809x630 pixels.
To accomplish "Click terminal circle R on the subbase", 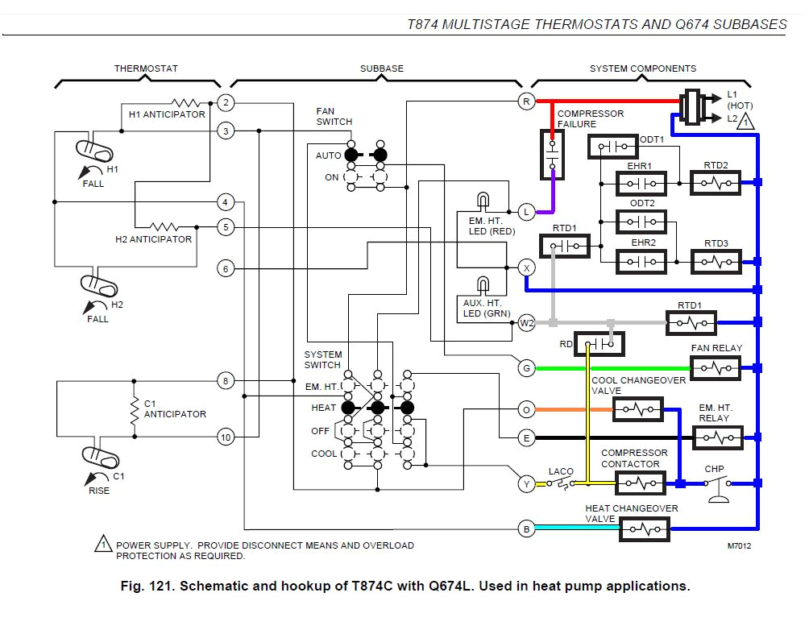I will (x=526, y=102).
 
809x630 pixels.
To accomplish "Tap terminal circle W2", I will (x=526, y=323).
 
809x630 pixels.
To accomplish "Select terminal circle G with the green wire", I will (x=526, y=368).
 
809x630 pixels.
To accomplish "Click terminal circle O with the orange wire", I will (x=526, y=410).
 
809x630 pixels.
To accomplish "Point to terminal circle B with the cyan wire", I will (x=526, y=529).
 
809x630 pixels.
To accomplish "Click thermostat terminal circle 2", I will (x=226, y=102).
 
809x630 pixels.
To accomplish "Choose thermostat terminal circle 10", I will (x=226, y=437).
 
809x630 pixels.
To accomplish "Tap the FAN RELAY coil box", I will (x=716, y=368).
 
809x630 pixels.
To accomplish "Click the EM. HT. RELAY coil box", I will (x=717, y=437).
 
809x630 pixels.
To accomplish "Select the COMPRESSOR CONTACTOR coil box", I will (x=641, y=483).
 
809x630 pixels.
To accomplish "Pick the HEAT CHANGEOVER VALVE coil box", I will (x=645, y=529).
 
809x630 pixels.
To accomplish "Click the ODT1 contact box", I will (x=613, y=147).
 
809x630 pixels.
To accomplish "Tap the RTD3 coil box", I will (x=716, y=262).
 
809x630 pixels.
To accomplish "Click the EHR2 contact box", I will (x=641, y=262).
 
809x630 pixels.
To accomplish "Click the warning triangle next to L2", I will (x=746, y=122).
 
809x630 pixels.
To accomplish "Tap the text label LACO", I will (x=561, y=472).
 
